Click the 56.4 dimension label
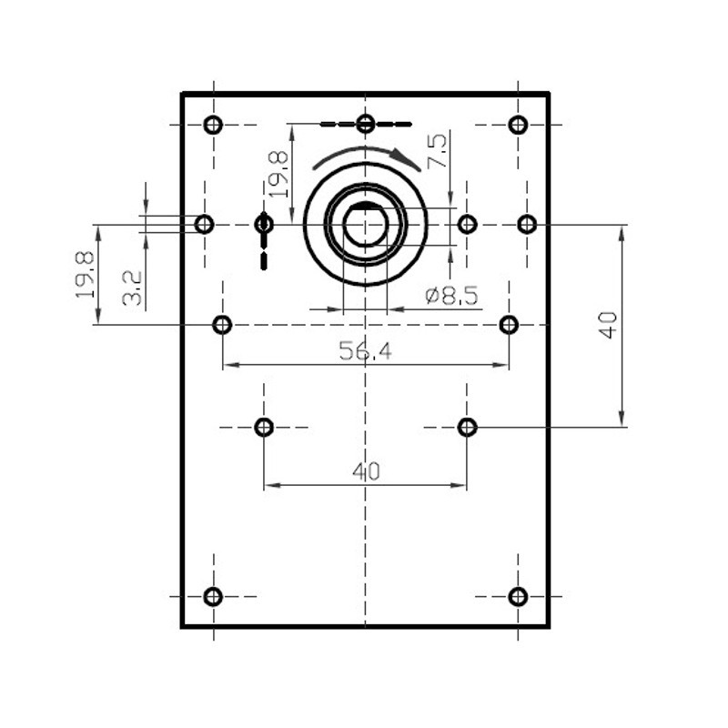pyautogui.click(x=365, y=350)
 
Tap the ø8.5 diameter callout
pyautogui.click(x=451, y=295)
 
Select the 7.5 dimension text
pyautogui.click(x=438, y=150)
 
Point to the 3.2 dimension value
pyautogui.click(x=132, y=288)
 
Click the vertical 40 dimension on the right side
pyautogui.click(x=608, y=325)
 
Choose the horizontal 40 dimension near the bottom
pyautogui.click(x=366, y=471)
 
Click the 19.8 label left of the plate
pyautogui.click(x=85, y=275)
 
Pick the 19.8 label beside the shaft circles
pyautogui.click(x=278, y=174)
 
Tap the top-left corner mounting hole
pyautogui.click(x=213, y=125)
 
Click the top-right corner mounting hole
pyautogui.click(x=518, y=125)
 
